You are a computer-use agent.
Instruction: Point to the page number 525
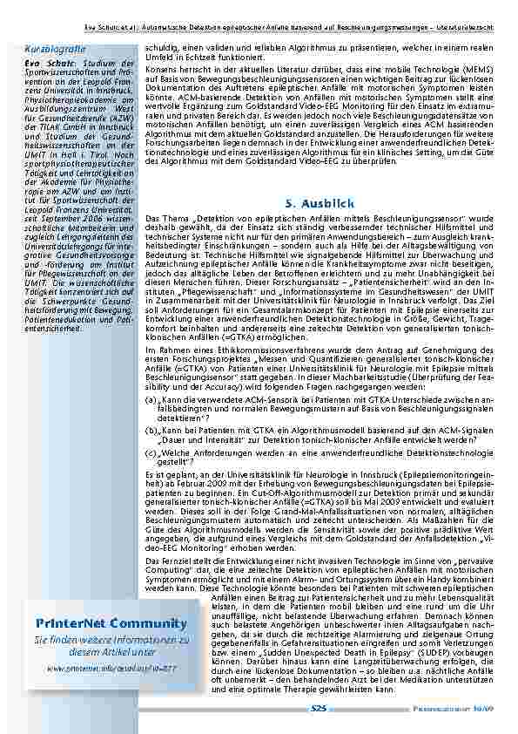click(x=320, y=709)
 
